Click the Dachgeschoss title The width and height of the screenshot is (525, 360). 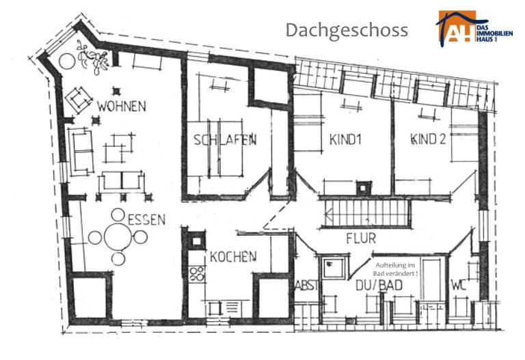click(x=347, y=31)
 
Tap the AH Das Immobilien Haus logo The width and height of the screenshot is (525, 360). click(x=474, y=29)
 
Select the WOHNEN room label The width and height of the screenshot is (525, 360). click(x=122, y=106)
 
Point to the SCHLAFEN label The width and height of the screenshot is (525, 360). click(x=225, y=139)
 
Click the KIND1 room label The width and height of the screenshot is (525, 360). click(x=345, y=139)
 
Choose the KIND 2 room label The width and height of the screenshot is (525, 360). click(x=428, y=139)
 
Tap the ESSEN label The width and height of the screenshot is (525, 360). click(x=147, y=219)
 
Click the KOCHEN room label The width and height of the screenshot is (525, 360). click(x=233, y=257)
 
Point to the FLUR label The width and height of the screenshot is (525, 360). click(x=361, y=238)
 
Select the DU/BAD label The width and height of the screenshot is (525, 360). click(x=379, y=286)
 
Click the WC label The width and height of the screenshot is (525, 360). click(x=459, y=285)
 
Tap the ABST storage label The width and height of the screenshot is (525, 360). click(x=306, y=286)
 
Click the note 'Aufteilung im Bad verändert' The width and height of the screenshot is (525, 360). click(x=396, y=269)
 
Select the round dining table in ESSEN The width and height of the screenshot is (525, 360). click(x=118, y=236)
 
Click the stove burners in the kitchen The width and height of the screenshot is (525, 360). click(x=197, y=273)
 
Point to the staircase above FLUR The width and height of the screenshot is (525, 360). click(x=367, y=213)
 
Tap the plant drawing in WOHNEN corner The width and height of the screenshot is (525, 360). click(x=93, y=57)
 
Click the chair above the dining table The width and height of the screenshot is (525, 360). click(x=118, y=214)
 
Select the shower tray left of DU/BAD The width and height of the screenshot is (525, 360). click(x=333, y=268)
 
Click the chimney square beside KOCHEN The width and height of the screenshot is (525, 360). click(x=197, y=240)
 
